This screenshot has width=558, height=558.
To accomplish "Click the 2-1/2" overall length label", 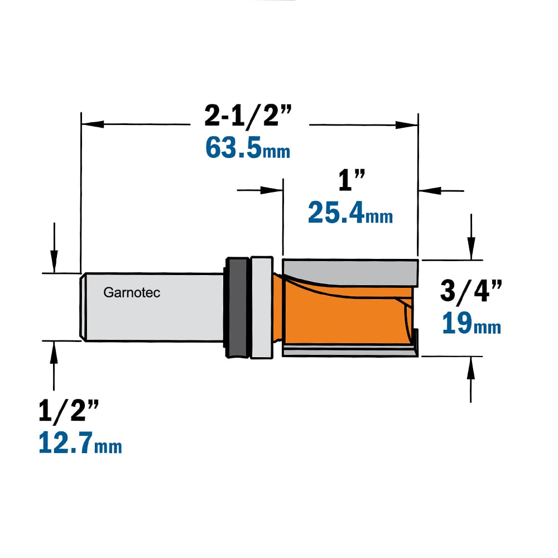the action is (248, 116).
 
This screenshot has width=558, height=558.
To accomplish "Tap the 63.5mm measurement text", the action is (248, 148).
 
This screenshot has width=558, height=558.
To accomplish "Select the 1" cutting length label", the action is (352, 180).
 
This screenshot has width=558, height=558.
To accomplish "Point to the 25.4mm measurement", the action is (350, 213).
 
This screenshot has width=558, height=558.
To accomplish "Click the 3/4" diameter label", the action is (471, 290).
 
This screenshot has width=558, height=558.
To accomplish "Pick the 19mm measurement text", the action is (471, 323).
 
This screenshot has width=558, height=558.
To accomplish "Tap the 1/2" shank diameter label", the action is (69, 411).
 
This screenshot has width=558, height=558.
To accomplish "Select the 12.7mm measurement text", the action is (80, 442).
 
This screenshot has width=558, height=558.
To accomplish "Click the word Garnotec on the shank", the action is (132, 292).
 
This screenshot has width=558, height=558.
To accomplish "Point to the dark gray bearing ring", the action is (237, 307).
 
